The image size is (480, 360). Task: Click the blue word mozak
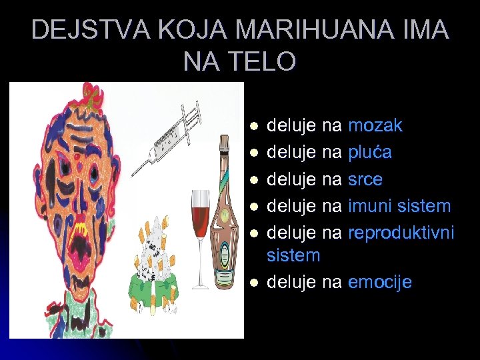coord(375,125)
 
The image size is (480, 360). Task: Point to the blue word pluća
coord(370,153)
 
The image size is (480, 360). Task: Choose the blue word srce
coord(365,179)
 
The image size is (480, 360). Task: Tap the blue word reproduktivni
coord(401,233)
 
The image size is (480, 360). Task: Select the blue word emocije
coord(380,283)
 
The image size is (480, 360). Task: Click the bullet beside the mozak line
coord(251,126)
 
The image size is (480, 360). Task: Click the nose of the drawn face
coord(64,193)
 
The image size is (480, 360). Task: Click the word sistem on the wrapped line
coord(294,256)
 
